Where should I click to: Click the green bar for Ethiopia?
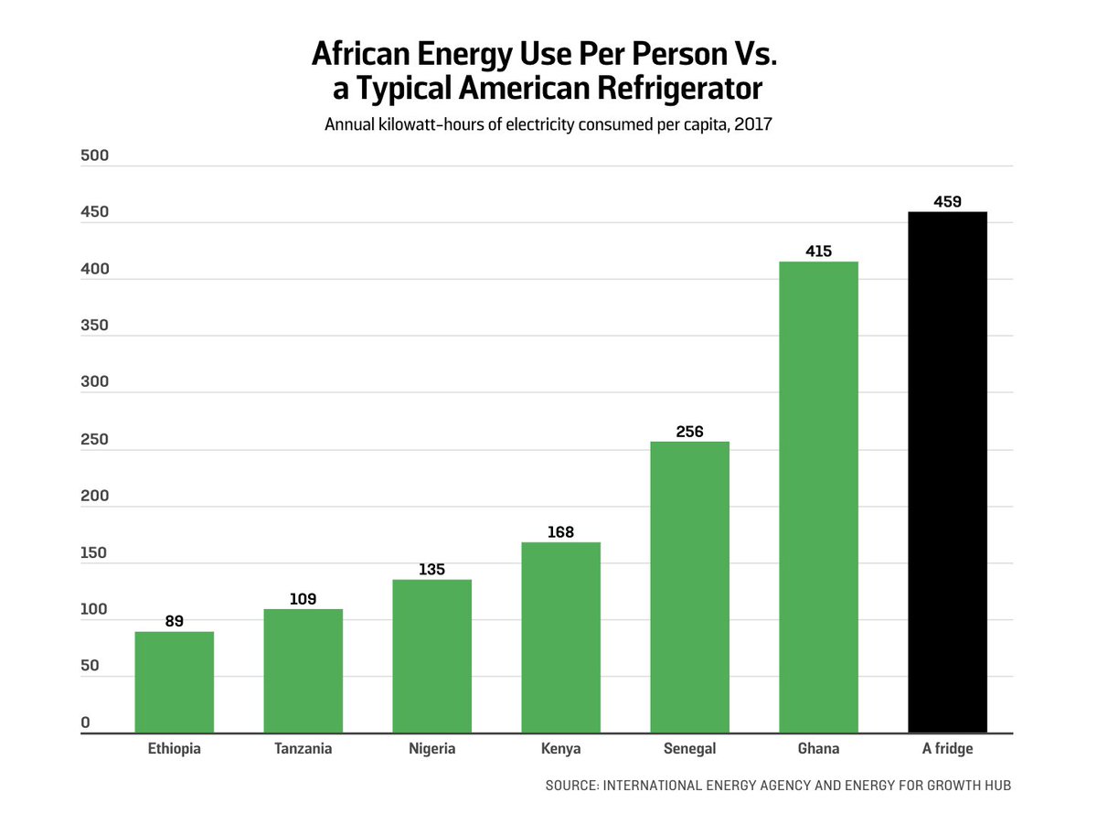tap(174, 682)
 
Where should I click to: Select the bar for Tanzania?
tap(303, 671)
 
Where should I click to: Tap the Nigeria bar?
tap(431, 657)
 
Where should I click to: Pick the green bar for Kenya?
tap(560, 637)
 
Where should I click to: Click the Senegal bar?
tap(689, 587)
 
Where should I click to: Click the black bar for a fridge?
tap(947, 472)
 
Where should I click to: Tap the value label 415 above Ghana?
tap(818, 251)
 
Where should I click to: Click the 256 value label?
tap(689, 432)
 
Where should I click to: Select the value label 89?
tap(174, 621)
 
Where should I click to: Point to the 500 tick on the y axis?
tap(94, 155)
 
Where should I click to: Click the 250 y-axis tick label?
tap(94, 440)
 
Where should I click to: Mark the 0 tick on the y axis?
tap(85, 723)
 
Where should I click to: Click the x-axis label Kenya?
tap(560, 749)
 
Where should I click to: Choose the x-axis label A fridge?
tap(947, 749)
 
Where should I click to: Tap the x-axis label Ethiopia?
tap(174, 749)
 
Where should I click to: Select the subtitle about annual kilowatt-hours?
tap(548, 124)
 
